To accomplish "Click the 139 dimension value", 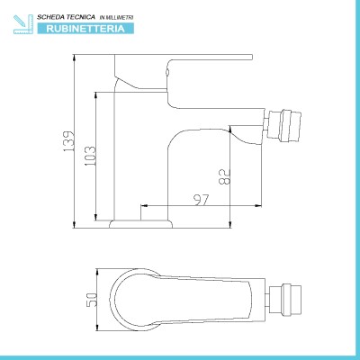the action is [68, 141].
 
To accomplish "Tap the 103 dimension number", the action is [91, 157].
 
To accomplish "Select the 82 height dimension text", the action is [225, 176].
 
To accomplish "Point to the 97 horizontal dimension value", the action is [202, 200].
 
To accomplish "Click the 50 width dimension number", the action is [92, 299].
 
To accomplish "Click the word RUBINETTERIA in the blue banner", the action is [85, 29].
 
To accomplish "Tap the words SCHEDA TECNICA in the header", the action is [66, 17].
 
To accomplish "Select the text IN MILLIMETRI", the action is [116, 18].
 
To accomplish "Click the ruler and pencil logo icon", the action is [22, 23].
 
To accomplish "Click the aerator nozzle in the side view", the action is [283, 125].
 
